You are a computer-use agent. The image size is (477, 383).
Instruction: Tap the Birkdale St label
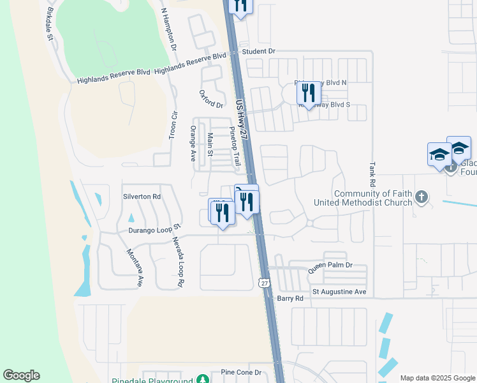[x=50, y=25]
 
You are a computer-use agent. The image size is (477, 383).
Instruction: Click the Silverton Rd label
[x=142, y=197]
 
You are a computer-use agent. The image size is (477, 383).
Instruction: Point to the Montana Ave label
[x=136, y=267]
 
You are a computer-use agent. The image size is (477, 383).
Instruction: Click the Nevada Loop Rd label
[x=178, y=261]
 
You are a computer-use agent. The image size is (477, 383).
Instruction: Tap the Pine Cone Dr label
[x=241, y=372]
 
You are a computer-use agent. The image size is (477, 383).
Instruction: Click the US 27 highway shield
[x=265, y=282]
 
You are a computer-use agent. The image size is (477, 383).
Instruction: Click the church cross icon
[x=421, y=197]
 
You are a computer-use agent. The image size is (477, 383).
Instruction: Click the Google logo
[x=21, y=375]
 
